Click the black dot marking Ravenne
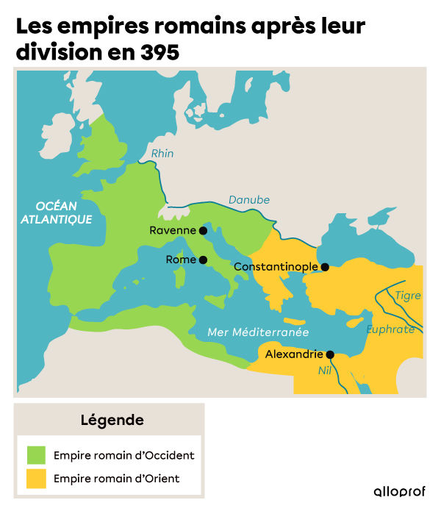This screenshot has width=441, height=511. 203,230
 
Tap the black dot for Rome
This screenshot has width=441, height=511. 203,260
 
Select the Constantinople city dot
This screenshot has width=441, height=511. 325,267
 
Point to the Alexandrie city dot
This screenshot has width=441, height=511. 330,354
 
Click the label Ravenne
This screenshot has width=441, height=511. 173,230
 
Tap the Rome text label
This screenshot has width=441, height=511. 181,260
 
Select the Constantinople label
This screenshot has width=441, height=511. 276,267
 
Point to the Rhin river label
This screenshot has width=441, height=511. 162,154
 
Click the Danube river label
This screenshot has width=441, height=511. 249,200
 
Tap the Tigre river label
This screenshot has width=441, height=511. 408,296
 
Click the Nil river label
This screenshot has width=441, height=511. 325,371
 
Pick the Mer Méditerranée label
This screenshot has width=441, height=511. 258,332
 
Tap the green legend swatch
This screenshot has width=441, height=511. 36,455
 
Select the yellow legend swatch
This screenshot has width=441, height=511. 36,479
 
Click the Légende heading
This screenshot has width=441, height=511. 112,421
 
